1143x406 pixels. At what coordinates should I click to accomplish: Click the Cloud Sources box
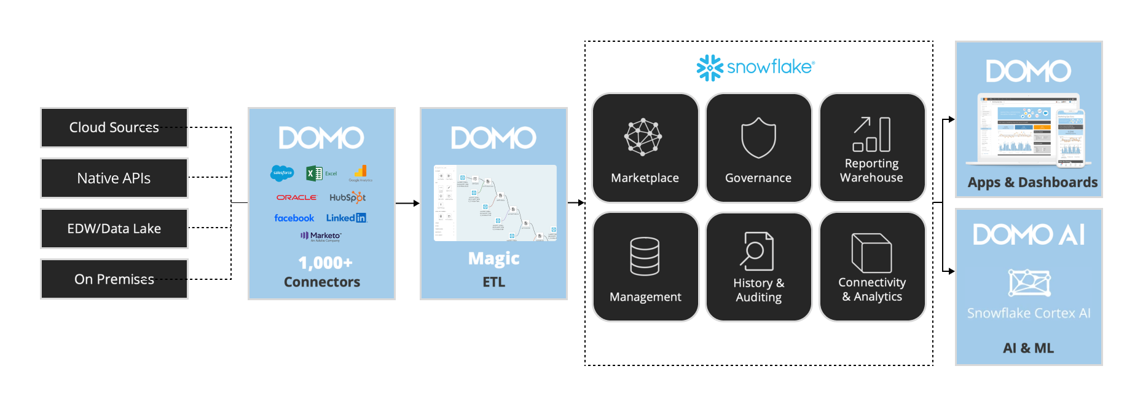(x=114, y=128)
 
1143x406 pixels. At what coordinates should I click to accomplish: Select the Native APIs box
(x=114, y=178)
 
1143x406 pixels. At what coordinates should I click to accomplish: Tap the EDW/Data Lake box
(x=114, y=229)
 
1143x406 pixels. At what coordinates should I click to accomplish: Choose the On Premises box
(x=114, y=279)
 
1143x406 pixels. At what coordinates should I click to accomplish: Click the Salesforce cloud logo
(x=282, y=173)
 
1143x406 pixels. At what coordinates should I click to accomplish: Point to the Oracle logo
(x=296, y=197)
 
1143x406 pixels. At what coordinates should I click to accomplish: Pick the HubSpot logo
(x=347, y=197)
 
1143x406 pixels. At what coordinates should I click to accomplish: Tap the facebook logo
(x=294, y=218)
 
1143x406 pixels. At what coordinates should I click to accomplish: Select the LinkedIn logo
(x=346, y=218)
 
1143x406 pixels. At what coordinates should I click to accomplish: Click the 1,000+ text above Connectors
(x=325, y=263)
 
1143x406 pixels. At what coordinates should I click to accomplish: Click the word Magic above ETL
(x=493, y=258)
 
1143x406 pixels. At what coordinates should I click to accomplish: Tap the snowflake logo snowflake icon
(x=710, y=68)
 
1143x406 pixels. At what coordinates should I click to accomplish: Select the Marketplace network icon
(x=643, y=137)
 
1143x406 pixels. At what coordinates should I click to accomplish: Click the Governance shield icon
(x=758, y=138)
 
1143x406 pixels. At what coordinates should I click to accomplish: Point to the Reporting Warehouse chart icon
(x=871, y=134)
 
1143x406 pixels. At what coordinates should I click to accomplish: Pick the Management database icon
(x=645, y=256)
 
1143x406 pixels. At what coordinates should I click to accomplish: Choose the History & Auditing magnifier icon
(x=756, y=251)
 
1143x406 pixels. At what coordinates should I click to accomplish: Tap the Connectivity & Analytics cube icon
(x=871, y=253)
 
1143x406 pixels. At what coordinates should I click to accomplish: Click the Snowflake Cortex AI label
(x=1029, y=313)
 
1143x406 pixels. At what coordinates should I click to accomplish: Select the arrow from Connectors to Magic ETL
(x=407, y=203)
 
